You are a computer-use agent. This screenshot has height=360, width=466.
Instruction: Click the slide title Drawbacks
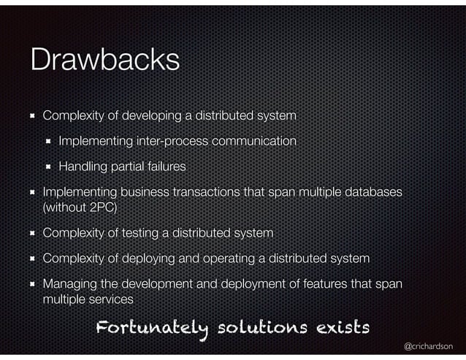pos(104,60)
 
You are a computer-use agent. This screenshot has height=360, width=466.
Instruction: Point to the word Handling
pos(83,166)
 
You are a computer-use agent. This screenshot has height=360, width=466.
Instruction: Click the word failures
pos(164,166)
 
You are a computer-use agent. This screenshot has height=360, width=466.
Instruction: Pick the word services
pos(110,299)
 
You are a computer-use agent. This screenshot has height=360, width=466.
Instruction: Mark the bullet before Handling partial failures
pos(48,166)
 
